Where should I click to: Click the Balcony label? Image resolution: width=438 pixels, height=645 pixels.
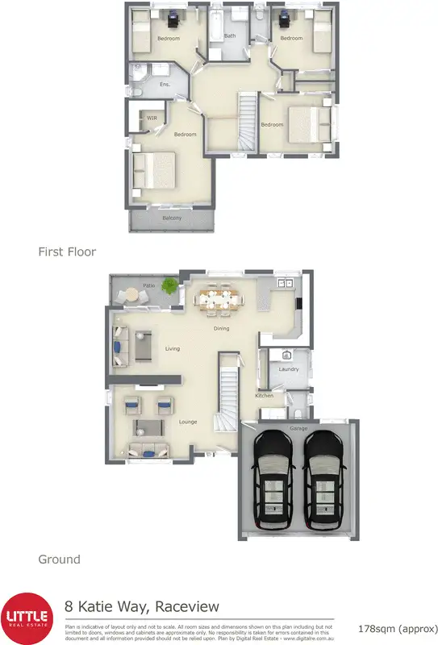[171, 218]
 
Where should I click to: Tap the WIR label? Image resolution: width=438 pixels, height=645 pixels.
[152, 118]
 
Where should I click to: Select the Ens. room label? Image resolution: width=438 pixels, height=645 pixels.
[165, 84]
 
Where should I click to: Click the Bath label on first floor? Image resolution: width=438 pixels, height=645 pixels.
[230, 35]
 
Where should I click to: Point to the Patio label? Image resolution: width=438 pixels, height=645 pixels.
[149, 285]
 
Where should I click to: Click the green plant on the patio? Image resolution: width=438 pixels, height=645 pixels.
[169, 285]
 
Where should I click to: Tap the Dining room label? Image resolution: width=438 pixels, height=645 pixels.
[221, 328]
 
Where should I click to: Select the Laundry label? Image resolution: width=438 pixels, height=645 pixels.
[289, 369]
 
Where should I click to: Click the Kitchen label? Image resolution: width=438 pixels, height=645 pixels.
[265, 395]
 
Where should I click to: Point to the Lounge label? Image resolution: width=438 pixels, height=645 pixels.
[188, 422]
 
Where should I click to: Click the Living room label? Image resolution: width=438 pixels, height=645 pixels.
[172, 348]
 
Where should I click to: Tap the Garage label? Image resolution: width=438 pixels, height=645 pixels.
[298, 428]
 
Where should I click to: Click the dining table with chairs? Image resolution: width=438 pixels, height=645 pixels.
[219, 299]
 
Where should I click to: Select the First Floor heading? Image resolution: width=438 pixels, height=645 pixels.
[67, 252]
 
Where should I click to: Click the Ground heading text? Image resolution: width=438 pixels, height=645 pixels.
[60, 559]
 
